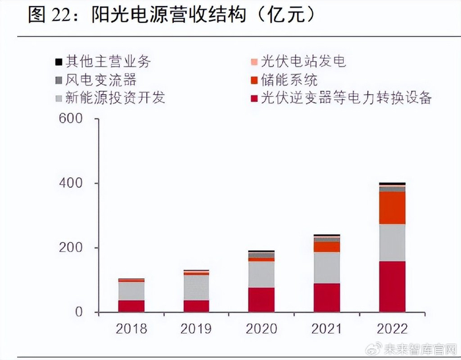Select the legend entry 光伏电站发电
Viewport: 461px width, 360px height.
coord(303,63)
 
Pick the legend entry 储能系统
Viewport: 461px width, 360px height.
coord(289,80)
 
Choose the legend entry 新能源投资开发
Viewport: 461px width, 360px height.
coord(115,98)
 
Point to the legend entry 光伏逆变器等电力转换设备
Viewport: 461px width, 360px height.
coord(346,98)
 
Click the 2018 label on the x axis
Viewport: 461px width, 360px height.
coord(131,328)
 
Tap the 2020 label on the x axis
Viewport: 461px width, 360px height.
coord(261,328)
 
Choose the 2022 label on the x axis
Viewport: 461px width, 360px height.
coord(392,328)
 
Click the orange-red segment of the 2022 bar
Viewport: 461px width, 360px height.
coord(392,208)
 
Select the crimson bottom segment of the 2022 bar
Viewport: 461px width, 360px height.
coord(392,286)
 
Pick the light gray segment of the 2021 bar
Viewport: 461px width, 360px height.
coord(327,267)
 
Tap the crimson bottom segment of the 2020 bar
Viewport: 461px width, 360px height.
coord(261,299)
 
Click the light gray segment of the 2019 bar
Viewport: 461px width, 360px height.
coord(196,288)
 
